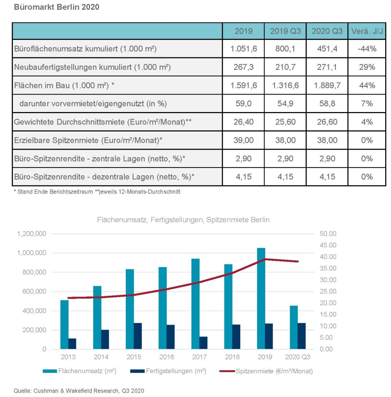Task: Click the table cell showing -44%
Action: point(367,48)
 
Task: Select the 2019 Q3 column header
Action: point(285,31)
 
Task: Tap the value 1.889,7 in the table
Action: point(327,85)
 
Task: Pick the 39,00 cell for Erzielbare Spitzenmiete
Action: point(243,140)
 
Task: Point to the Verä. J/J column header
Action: point(367,31)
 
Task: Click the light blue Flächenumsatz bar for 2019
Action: point(261,299)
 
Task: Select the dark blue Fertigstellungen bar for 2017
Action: point(203,343)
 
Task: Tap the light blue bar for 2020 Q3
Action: point(294,327)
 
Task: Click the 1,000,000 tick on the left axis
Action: point(32,253)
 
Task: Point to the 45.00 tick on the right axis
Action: point(328,245)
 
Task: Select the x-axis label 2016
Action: point(167,357)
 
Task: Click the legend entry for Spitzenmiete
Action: point(266,371)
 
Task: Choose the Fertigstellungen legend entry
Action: point(168,371)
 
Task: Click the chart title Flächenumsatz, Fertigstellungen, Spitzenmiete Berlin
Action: point(183,220)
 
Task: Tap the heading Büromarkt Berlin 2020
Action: point(57,7)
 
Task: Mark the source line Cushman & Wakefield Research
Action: point(79,391)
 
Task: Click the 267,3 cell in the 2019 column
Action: point(243,67)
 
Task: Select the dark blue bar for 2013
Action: point(72,344)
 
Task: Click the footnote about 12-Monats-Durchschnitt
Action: point(137,192)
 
